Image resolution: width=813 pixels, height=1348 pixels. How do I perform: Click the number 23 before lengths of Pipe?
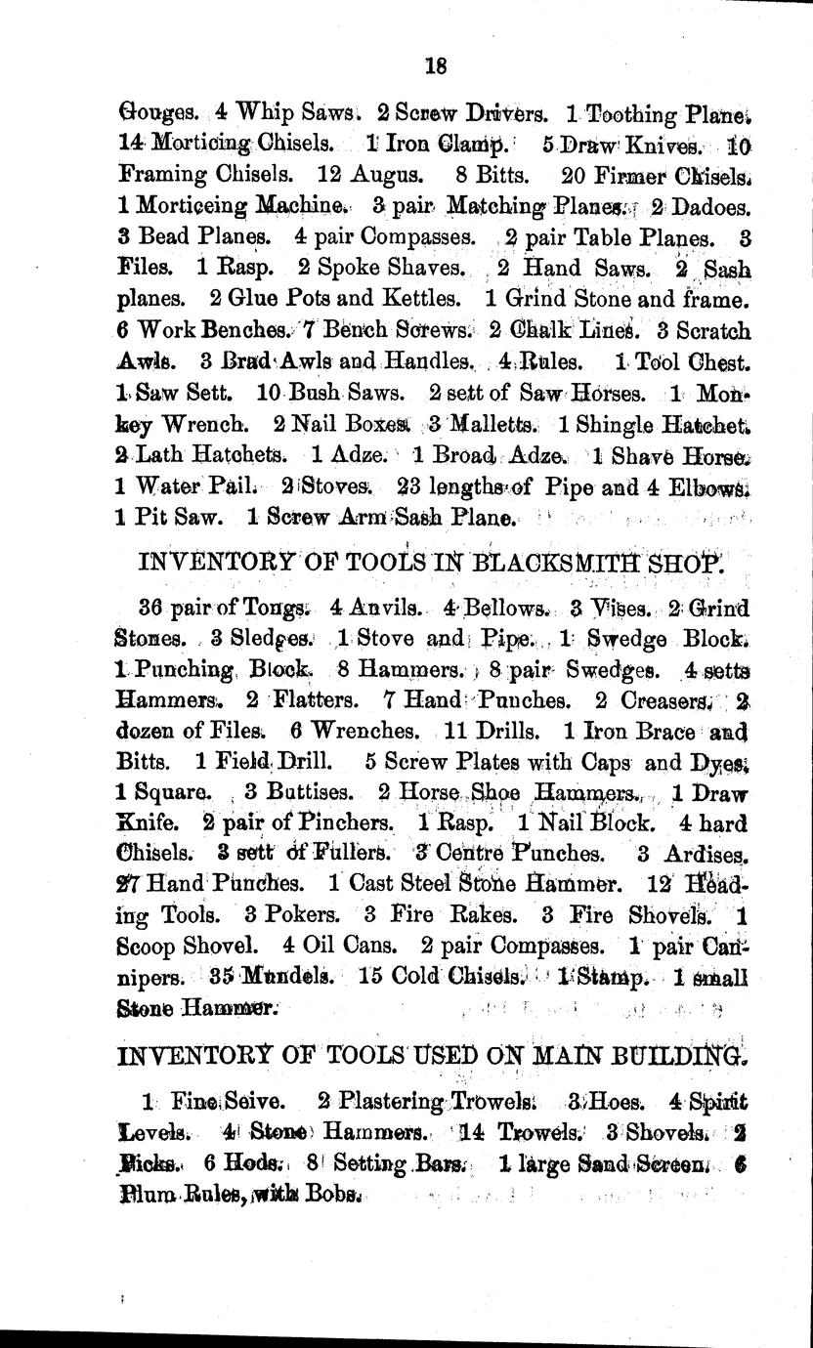(413, 487)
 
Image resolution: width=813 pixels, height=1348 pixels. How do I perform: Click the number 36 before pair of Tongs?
(151, 609)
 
